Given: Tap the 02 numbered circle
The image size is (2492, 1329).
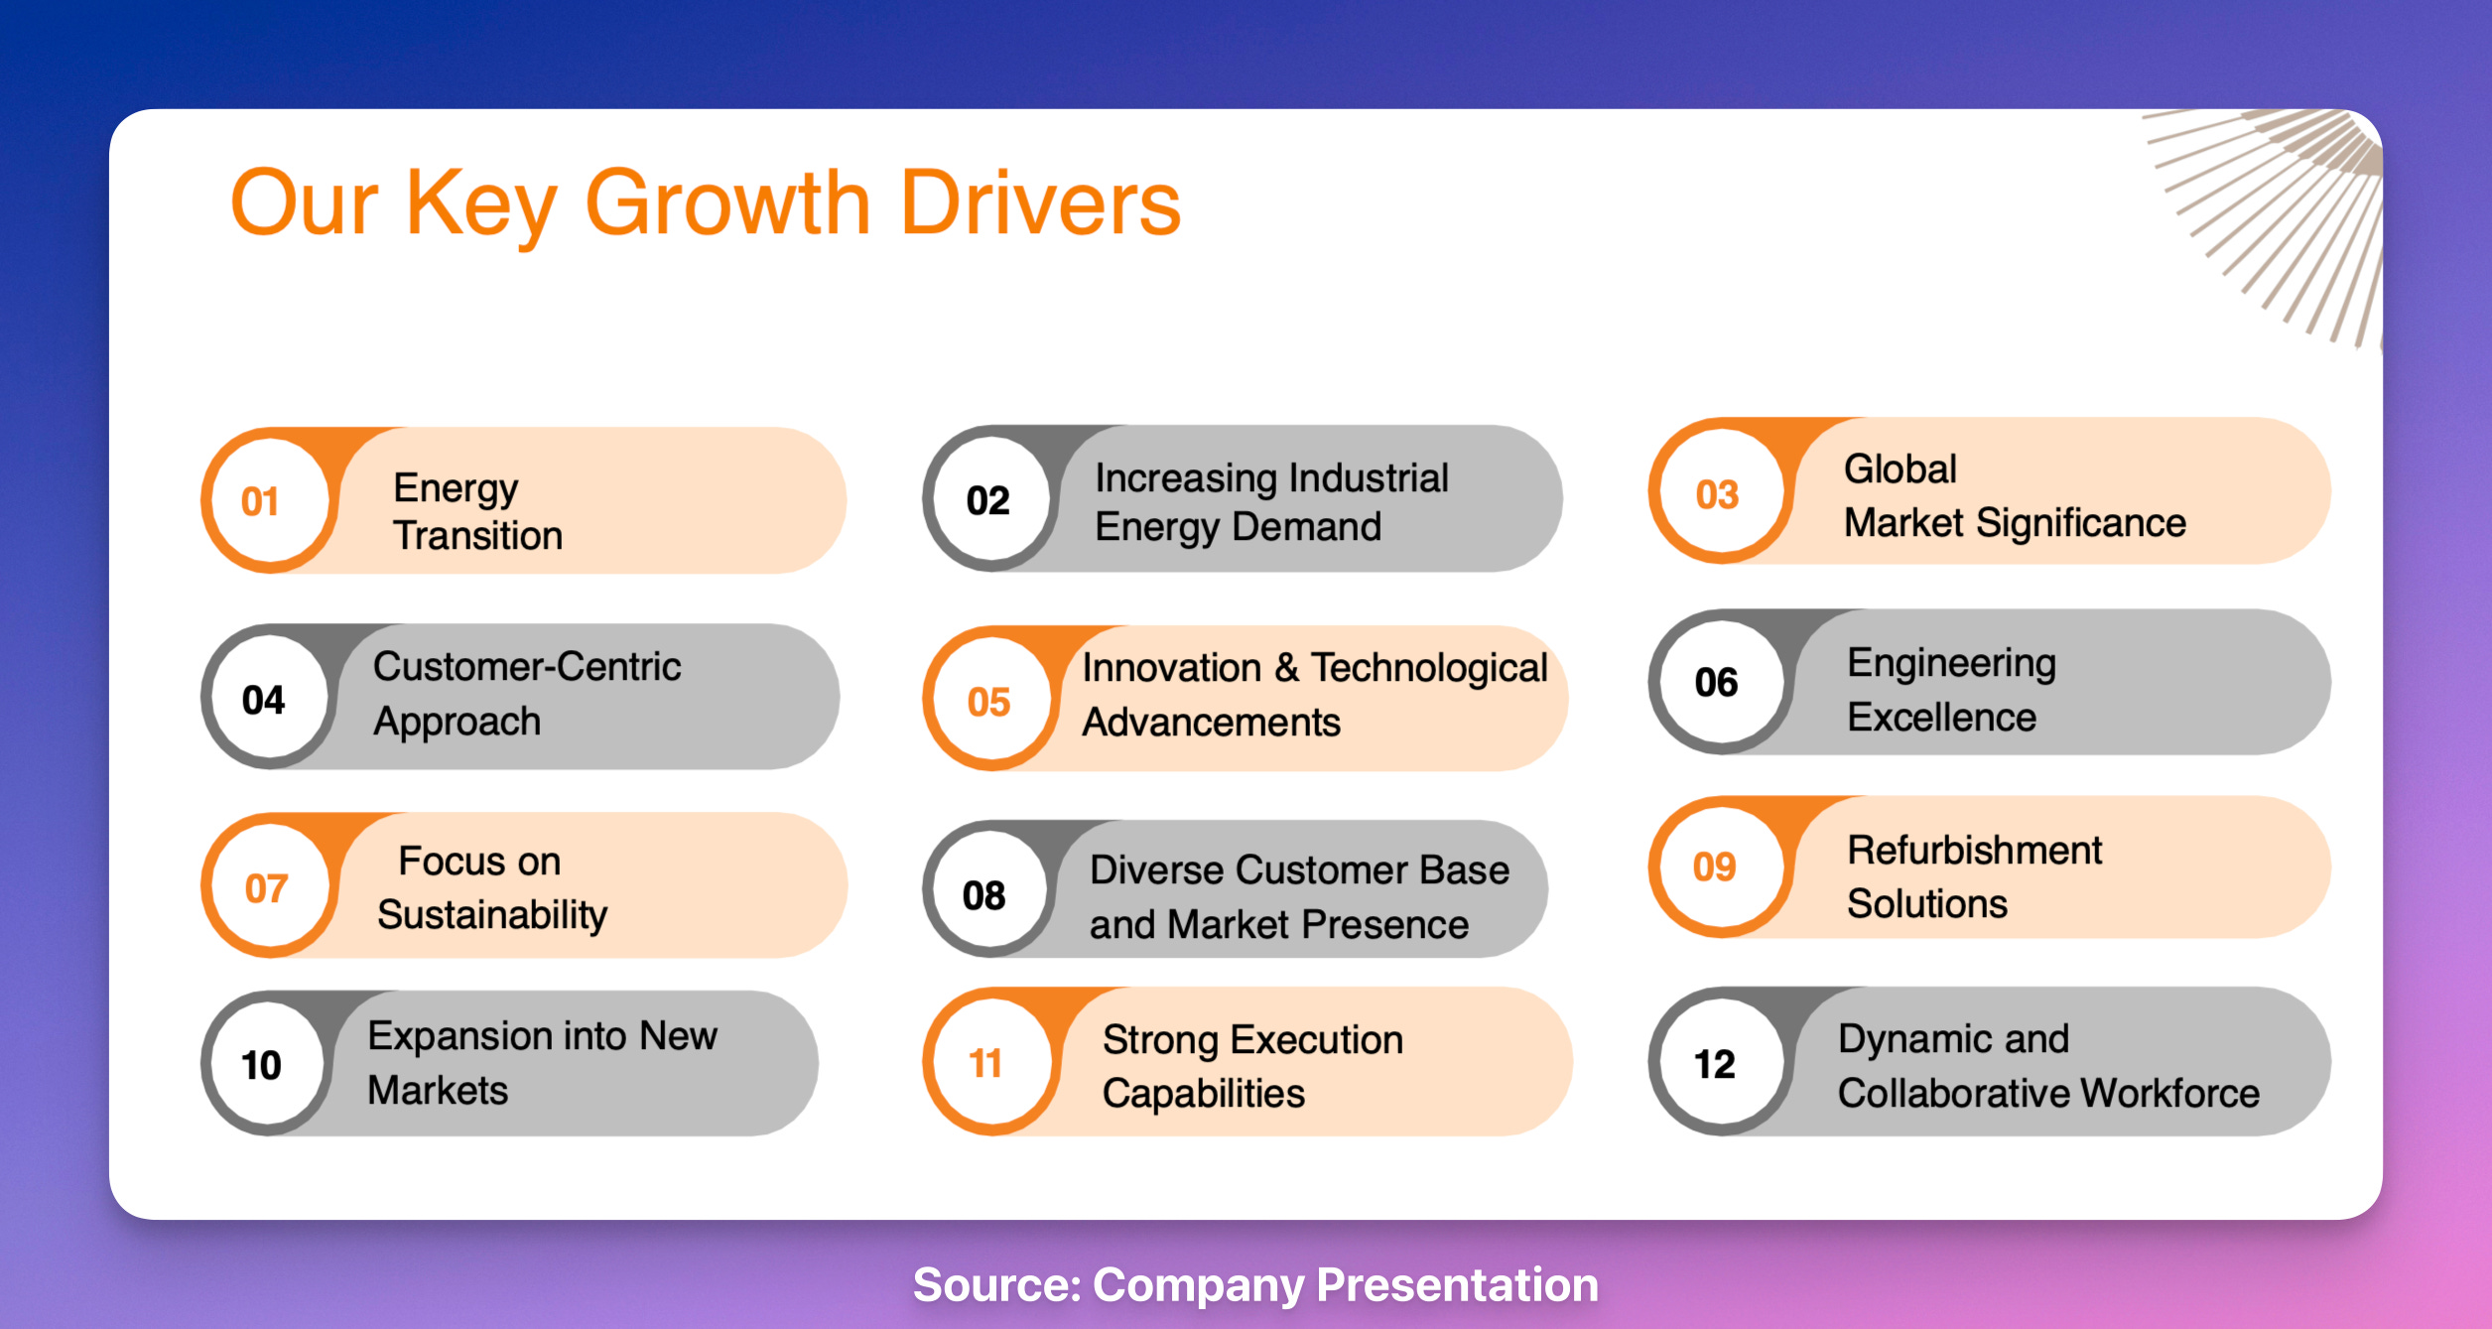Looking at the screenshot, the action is pos(990,499).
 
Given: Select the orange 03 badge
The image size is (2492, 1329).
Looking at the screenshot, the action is pos(1720,492).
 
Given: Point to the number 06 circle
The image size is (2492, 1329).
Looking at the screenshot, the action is pos(1720,682).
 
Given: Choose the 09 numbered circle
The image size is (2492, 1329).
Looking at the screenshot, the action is pos(1720,866).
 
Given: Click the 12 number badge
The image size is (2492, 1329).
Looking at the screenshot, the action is pos(1720,1063).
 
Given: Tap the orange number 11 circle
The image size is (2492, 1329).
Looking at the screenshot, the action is pos(990,1063).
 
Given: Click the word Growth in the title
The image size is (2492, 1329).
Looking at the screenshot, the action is pos(728,203).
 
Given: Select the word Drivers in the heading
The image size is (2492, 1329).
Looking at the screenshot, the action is pos(1041,203).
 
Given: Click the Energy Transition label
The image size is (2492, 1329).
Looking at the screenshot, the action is pos(477,511).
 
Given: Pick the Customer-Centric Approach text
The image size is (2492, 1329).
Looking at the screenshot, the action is pos(527,694).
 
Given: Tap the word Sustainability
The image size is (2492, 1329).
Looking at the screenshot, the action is pos(492,915).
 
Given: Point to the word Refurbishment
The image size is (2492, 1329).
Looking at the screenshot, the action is pos(1974,851).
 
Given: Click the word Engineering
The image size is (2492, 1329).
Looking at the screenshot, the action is pos(1951,664).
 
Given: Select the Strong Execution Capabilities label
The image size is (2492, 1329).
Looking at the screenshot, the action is pos(1252,1067).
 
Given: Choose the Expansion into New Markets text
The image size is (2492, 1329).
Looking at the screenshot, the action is pos(542,1063).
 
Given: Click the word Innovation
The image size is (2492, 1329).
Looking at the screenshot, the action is pos(1171,668).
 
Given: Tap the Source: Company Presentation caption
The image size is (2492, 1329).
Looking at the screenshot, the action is pos(1255,1285).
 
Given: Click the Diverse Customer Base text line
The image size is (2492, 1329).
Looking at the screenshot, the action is pos(1299,870).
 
